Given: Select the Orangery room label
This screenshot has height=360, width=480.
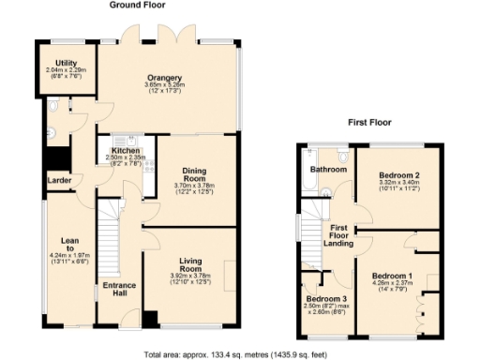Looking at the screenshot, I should (x=163, y=77).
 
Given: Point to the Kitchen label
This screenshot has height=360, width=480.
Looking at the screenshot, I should (x=126, y=150).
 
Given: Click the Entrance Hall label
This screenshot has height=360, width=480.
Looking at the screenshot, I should (x=119, y=290).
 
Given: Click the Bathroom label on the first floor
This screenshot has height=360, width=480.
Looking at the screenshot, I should (x=329, y=170).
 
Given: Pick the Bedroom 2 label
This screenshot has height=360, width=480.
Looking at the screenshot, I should (x=397, y=175).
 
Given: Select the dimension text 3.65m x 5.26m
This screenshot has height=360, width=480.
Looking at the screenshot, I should (x=163, y=87).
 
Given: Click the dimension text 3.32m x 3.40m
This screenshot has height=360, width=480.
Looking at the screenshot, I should (x=397, y=186).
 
